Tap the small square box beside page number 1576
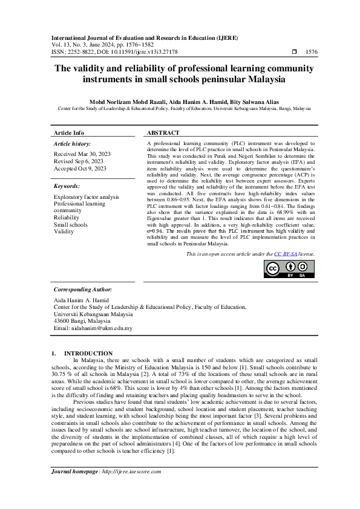point(294,53)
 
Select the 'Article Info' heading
point(69,132)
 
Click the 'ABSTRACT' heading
point(163,132)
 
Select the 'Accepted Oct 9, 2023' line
point(80,169)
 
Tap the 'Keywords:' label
point(67,186)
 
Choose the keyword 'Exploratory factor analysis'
point(87,197)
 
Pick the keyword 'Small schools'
point(71,224)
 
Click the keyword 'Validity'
point(64,232)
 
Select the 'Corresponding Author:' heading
point(82,290)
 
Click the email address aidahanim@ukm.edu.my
point(93,329)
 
